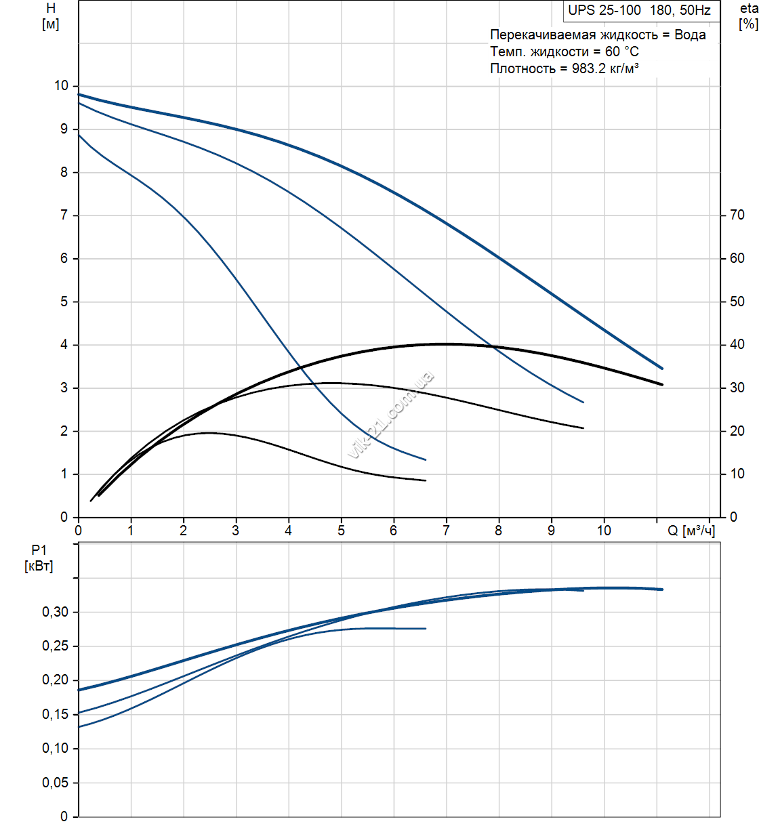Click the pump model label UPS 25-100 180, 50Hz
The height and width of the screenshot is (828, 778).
(x=639, y=10)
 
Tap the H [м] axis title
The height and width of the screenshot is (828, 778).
(x=51, y=17)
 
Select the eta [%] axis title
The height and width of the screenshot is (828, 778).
(x=749, y=17)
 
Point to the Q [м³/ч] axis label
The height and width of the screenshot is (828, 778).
(x=691, y=531)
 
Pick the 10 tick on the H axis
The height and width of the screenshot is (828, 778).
(x=62, y=86)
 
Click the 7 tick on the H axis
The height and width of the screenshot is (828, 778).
(x=64, y=215)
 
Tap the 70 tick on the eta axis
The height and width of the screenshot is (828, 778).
(x=737, y=215)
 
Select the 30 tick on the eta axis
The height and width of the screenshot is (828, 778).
(x=737, y=388)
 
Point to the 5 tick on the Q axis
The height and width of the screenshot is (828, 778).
(x=341, y=531)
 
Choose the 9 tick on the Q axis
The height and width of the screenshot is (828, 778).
(x=551, y=531)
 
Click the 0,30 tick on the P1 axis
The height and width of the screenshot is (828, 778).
(x=56, y=613)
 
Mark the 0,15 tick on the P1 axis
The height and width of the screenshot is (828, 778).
(x=56, y=715)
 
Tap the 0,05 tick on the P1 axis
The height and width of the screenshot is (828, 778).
(x=56, y=783)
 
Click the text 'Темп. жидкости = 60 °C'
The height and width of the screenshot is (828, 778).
(x=564, y=51)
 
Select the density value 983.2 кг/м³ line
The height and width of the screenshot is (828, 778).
(x=564, y=68)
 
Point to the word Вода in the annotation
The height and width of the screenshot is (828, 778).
(x=690, y=35)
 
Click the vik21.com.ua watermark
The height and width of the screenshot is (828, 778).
(x=391, y=415)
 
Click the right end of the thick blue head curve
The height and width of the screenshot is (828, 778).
(x=661, y=369)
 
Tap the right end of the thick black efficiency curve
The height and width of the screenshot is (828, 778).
(x=661, y=384)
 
